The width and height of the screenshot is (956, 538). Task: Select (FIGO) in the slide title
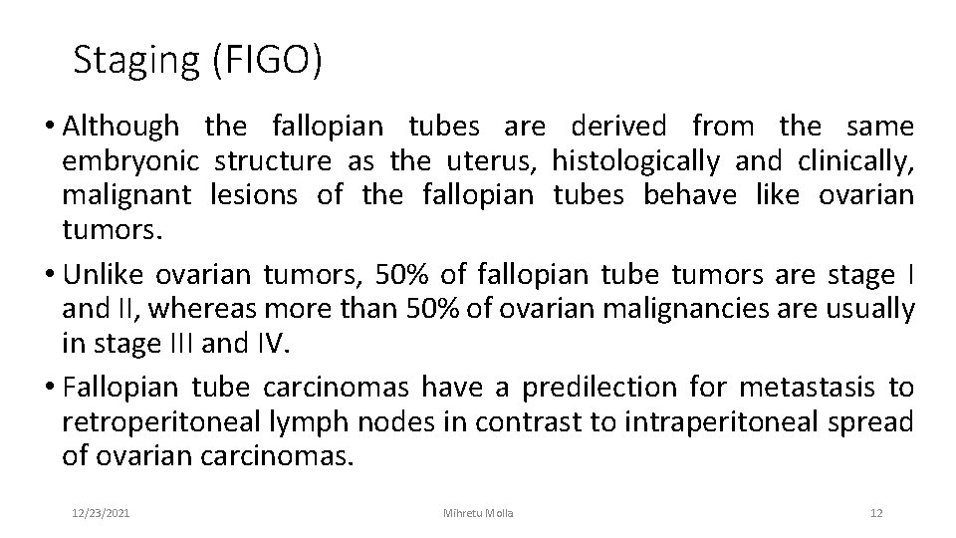point(266,61)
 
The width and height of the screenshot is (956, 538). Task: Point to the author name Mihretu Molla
point(478,512)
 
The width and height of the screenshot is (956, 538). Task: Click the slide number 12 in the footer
point(876,512)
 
